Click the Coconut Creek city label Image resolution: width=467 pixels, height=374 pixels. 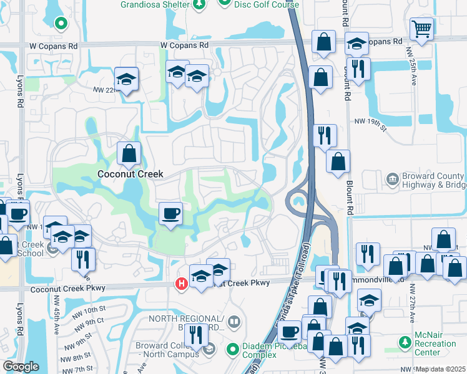tap(128, 175)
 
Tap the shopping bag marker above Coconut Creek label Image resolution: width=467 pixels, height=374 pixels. tap(129, 152)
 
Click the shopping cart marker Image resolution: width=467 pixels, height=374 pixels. tap(422, 28)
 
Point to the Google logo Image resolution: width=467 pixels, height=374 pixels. tap(21, 367)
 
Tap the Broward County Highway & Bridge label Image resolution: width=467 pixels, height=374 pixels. tap(432, 180)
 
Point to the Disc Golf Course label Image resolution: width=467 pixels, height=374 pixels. tap(266, 4)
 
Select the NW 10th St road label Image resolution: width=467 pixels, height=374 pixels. tap(87, 310)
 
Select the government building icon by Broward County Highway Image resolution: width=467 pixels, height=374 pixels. tap(391, 180)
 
